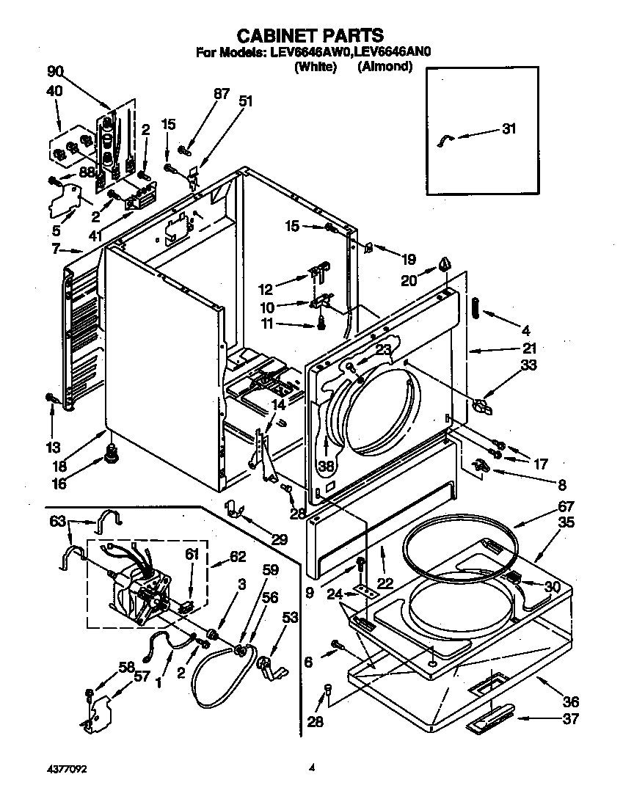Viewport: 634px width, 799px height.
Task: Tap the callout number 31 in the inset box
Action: pos(509,129)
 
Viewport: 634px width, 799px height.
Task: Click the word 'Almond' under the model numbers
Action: pos(385,67)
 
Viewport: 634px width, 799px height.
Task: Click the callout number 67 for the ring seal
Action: pos(566,506)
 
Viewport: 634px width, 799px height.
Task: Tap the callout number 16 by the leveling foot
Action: pos(59,484)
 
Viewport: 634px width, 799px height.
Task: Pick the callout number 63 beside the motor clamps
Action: pos(57,522)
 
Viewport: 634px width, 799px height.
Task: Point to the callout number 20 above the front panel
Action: pos(409,279)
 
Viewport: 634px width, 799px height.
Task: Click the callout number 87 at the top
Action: pos(222,93)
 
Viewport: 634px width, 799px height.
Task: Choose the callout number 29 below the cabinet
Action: pos(279,540)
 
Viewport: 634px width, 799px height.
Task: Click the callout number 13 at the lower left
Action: pos(52,447)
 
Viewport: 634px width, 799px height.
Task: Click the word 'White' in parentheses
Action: pos(315,67)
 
